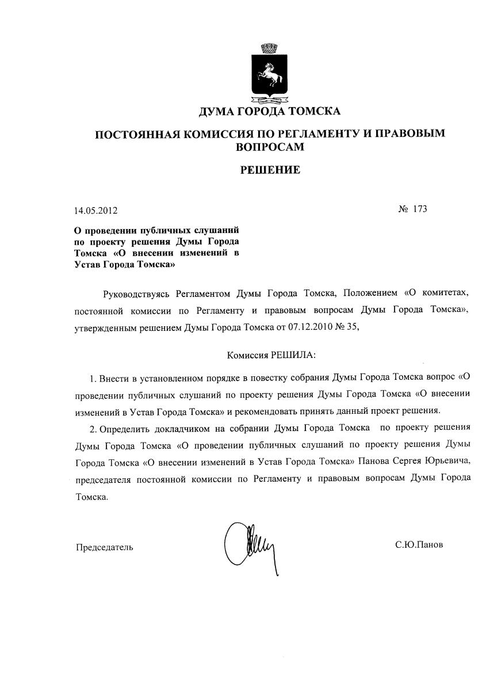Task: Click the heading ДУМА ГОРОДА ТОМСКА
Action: click(269, 110)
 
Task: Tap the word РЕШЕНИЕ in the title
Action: click(269, 170)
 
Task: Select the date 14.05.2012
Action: click(96, 211)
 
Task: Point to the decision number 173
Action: click(420, 209)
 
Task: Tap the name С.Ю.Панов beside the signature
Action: click(419, 544)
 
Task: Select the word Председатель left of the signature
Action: click(105, 547)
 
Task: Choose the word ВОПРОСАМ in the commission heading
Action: click(269, 147)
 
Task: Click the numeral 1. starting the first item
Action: click(93, 379)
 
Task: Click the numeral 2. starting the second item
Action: click(93, 428)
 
